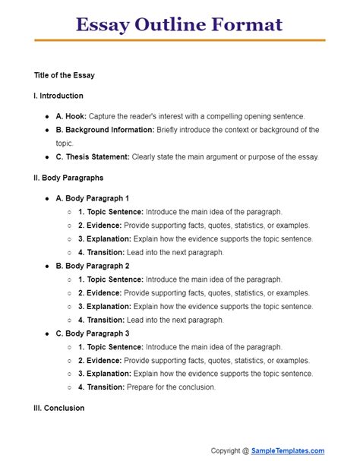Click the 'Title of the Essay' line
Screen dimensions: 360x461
[x=65, y=76]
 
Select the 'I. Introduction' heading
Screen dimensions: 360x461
[x=58, y=96]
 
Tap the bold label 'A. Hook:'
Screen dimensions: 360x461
[x=71, y=116]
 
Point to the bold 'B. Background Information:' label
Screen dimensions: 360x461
[x=105, y=130]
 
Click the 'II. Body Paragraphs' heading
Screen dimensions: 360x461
[x=69, y=178]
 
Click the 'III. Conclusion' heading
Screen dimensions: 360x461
[x=59, y=408]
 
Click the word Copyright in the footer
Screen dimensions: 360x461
[x=229, y=450]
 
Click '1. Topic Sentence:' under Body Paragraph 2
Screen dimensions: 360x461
[x=110, y=280]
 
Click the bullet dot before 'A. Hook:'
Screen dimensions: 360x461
[x=47, y=116]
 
